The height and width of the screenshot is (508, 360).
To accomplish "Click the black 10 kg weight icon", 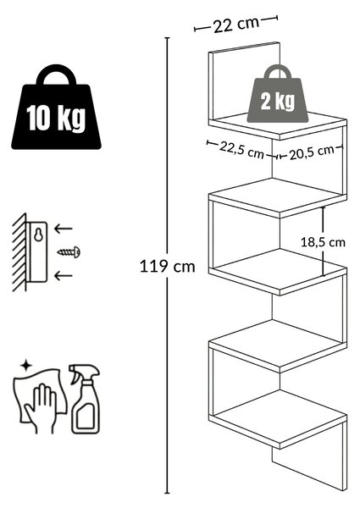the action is coord(56,108).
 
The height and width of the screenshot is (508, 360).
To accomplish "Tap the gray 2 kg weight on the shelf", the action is coord(278,94).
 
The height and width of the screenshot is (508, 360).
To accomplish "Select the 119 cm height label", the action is coord(167,267).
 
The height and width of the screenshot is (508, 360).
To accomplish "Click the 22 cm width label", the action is coord(236,25).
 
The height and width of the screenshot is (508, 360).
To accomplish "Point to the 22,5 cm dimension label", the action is coord(241,150).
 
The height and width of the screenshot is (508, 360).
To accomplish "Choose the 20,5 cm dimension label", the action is coord(312,152).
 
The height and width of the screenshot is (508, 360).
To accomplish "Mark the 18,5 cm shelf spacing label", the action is coord(323,242).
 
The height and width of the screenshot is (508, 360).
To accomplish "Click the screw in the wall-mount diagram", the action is coord(69,251).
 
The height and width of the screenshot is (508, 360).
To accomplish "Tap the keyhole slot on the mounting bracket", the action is coord(39,235).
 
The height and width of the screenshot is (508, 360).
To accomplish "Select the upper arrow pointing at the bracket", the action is coord(64,229).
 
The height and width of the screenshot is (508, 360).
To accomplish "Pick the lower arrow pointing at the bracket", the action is coord(64,276).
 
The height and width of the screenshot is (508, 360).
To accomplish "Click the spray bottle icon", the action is coord(85,399).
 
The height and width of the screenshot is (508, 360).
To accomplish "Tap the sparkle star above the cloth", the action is coord(26,366).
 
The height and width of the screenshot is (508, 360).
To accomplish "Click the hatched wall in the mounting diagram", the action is coord(19,252).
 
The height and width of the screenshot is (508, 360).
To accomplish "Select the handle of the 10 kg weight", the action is coord(56,74).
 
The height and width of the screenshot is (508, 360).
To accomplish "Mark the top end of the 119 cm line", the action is coord(167,38).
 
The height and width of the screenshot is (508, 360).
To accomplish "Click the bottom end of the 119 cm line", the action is coord(167,493).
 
